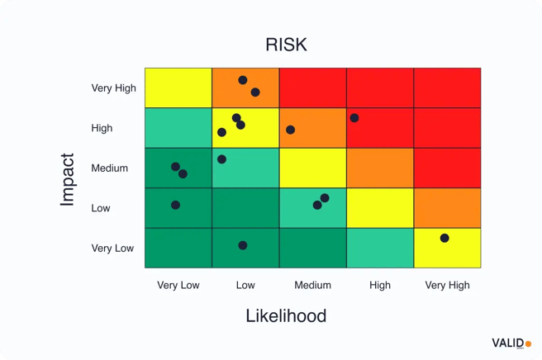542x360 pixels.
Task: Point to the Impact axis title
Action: coord(68,179)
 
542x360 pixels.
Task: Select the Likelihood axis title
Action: coord(286,315)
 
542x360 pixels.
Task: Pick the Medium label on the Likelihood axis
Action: coord(312,286)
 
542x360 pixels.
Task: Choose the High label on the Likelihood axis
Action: coord(380,286)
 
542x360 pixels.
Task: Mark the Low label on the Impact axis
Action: coord(101,208)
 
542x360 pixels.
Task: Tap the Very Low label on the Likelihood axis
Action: coord(178,286)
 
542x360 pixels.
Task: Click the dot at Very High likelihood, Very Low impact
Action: coord(445,238)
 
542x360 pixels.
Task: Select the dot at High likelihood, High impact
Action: coord(354,118)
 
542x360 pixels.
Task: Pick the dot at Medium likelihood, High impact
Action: coord(290,130)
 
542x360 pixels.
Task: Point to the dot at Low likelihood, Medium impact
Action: coord(221,159)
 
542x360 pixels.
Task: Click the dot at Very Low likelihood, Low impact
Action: coord(175,205)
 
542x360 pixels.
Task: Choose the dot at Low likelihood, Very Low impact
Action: coord(243,245)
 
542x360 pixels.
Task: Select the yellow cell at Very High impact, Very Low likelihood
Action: coord(178,88)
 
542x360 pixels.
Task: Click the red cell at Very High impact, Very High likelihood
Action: coord(447,88)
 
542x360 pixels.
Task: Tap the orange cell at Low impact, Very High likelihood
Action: coord(447,208)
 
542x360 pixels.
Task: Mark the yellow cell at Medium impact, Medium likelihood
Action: coord(312,168)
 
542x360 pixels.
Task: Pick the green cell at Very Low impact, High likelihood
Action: coord(380,248)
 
